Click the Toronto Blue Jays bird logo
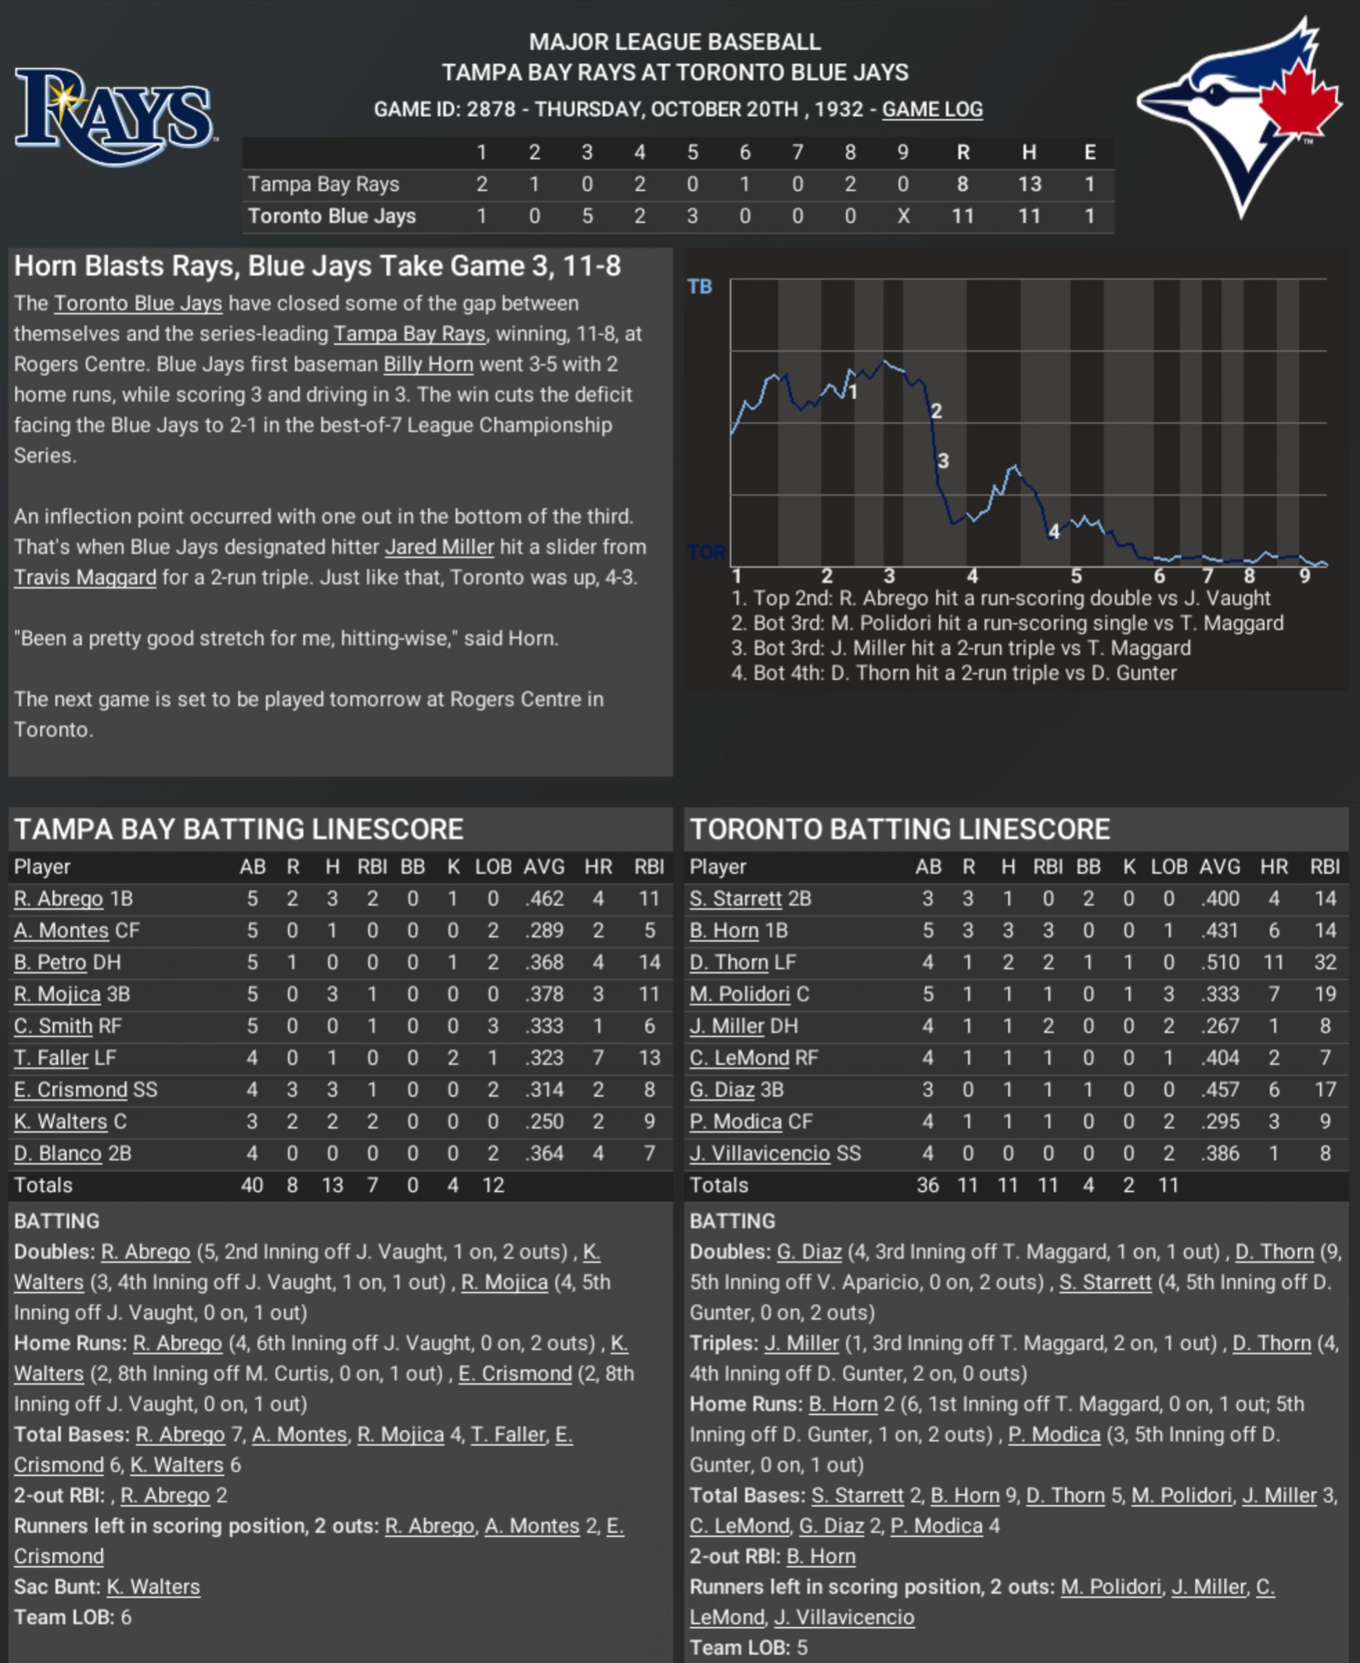(x=1240, y=118)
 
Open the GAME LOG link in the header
(x=933, y=109)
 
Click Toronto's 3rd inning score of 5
(x=587, y=216)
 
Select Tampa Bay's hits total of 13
(x=1029, y=184)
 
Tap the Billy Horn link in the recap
(x=427, y=364)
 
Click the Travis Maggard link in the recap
(x=85, y=578)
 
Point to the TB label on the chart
(x=700, y=287)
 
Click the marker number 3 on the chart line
(x=943, y=461)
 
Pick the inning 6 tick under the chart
(x=1158, y=576)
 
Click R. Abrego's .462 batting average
(x=544, y=898)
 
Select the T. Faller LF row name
(x=64, y=1058)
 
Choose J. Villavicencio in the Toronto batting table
(x=759, y=1153)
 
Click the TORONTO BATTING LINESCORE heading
(x=899, y=829)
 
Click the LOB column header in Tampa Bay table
(x=493, y=866)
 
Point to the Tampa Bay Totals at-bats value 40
(x=251, y=1185)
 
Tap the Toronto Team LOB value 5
(x=802, y=1647)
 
